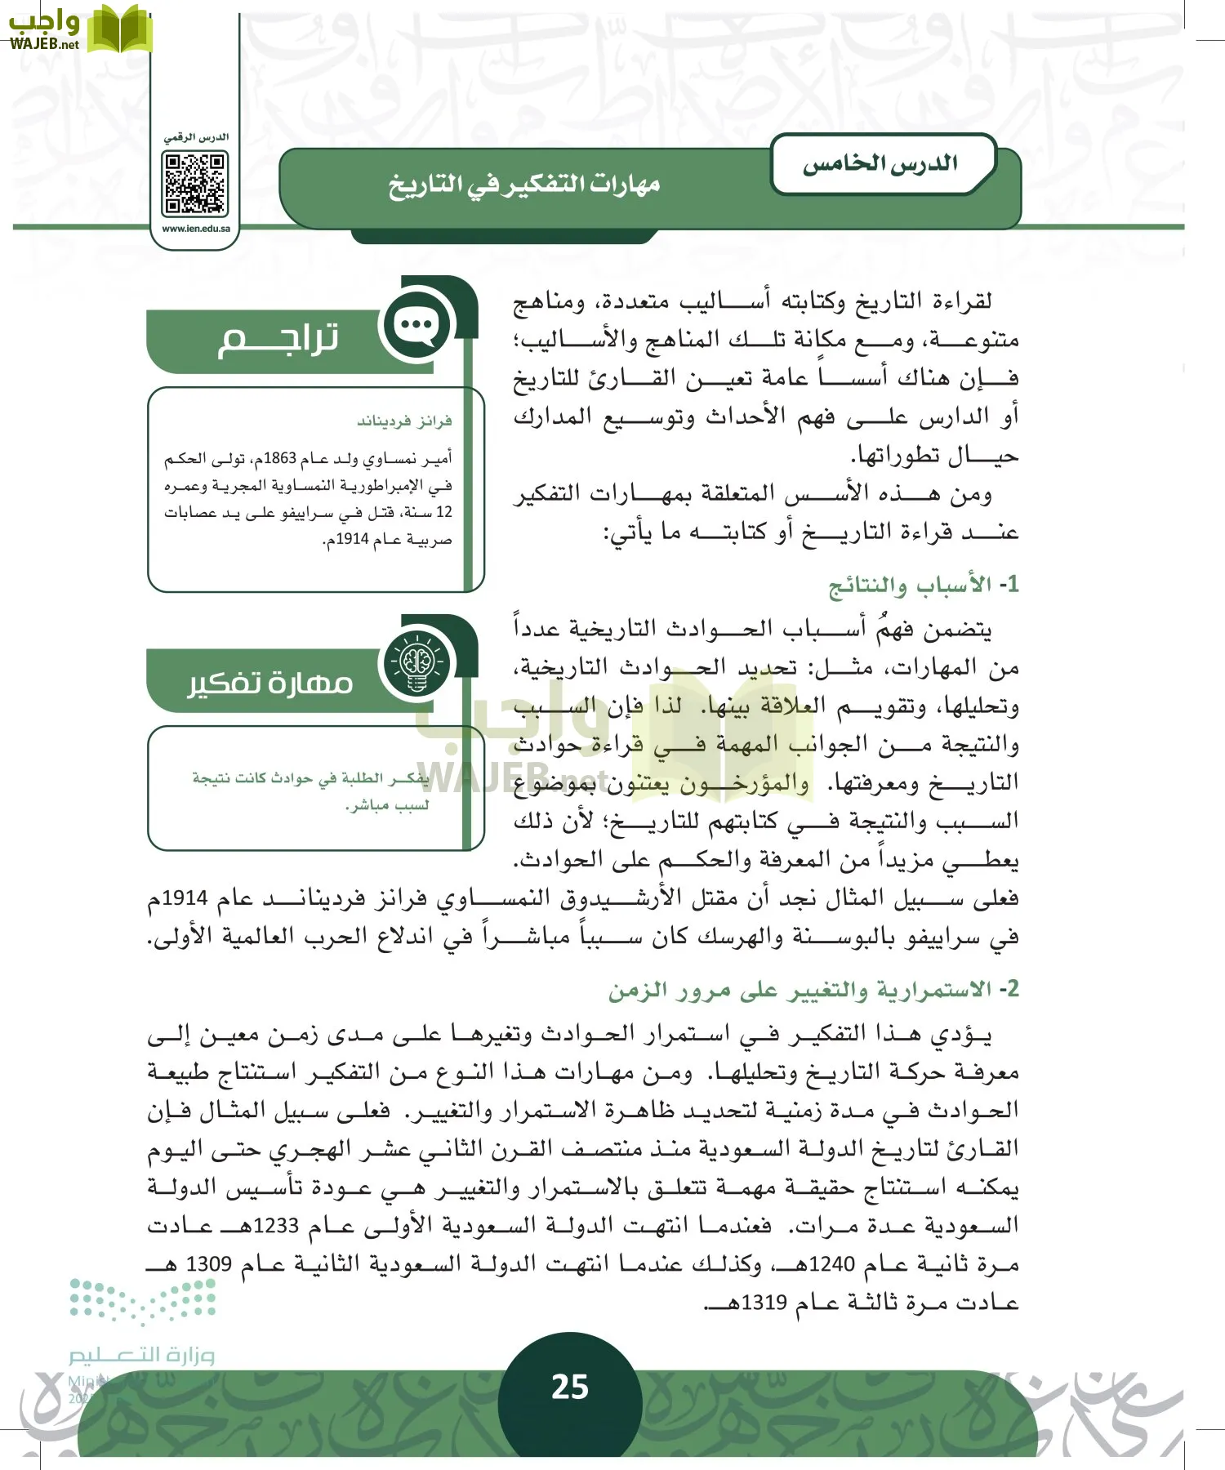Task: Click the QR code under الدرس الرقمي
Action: click(195, 185)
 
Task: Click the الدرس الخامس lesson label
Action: click(880, 163)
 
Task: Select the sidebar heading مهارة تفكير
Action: click(270, 683)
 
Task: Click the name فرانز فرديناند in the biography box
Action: click(404, 421)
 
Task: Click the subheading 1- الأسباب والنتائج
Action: click(923, 586)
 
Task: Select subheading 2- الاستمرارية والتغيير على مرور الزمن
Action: click(813, 990)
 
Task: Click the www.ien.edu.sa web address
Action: click(196, 229)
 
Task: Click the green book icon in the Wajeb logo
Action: click(119, 29)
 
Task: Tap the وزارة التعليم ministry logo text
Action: click(141, 1355)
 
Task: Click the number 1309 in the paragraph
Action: click(209, 1264)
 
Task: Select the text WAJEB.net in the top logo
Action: click(44, 45)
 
